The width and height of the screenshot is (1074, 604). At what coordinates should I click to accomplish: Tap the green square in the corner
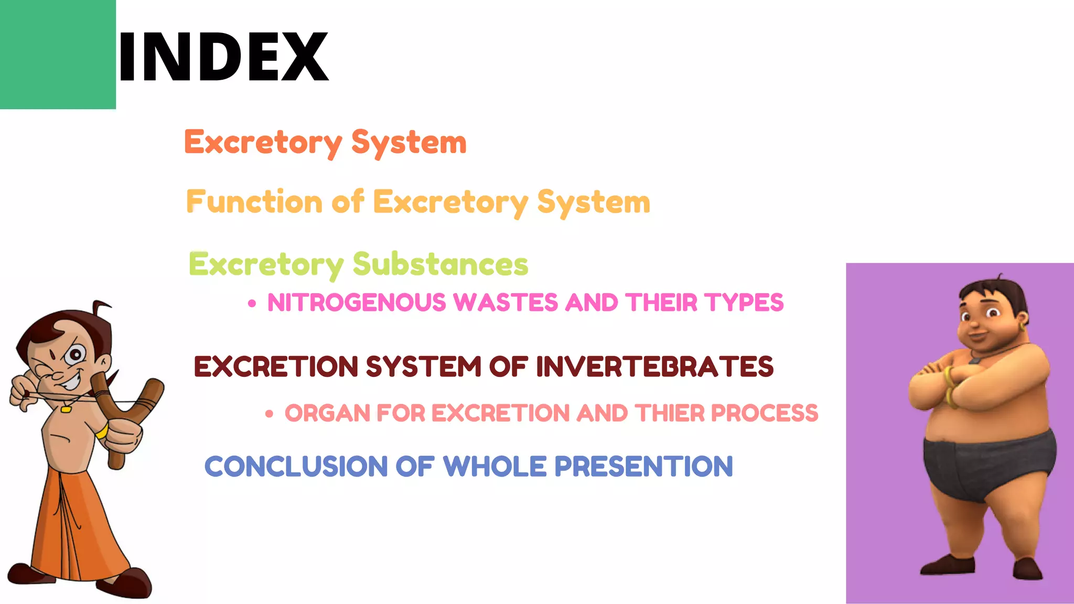coord(58,54)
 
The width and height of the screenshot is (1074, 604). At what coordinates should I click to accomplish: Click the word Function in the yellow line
coord(254,202)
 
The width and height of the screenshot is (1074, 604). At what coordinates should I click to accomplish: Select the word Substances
coord(441,264)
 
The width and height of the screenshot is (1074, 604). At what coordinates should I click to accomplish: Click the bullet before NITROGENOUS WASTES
coord(252,304)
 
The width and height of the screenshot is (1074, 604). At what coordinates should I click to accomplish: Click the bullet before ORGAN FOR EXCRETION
coord(270,414)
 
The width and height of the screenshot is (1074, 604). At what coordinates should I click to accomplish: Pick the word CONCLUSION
coord(296,467)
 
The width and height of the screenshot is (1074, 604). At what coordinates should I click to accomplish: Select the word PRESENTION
coord(643,467)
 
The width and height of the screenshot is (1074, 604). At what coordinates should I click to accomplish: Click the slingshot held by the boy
coord(126,414)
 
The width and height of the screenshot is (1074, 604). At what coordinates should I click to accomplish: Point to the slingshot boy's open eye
coord(76,355)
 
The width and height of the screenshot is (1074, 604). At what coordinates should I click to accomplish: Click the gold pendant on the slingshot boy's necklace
coord(66,408)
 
